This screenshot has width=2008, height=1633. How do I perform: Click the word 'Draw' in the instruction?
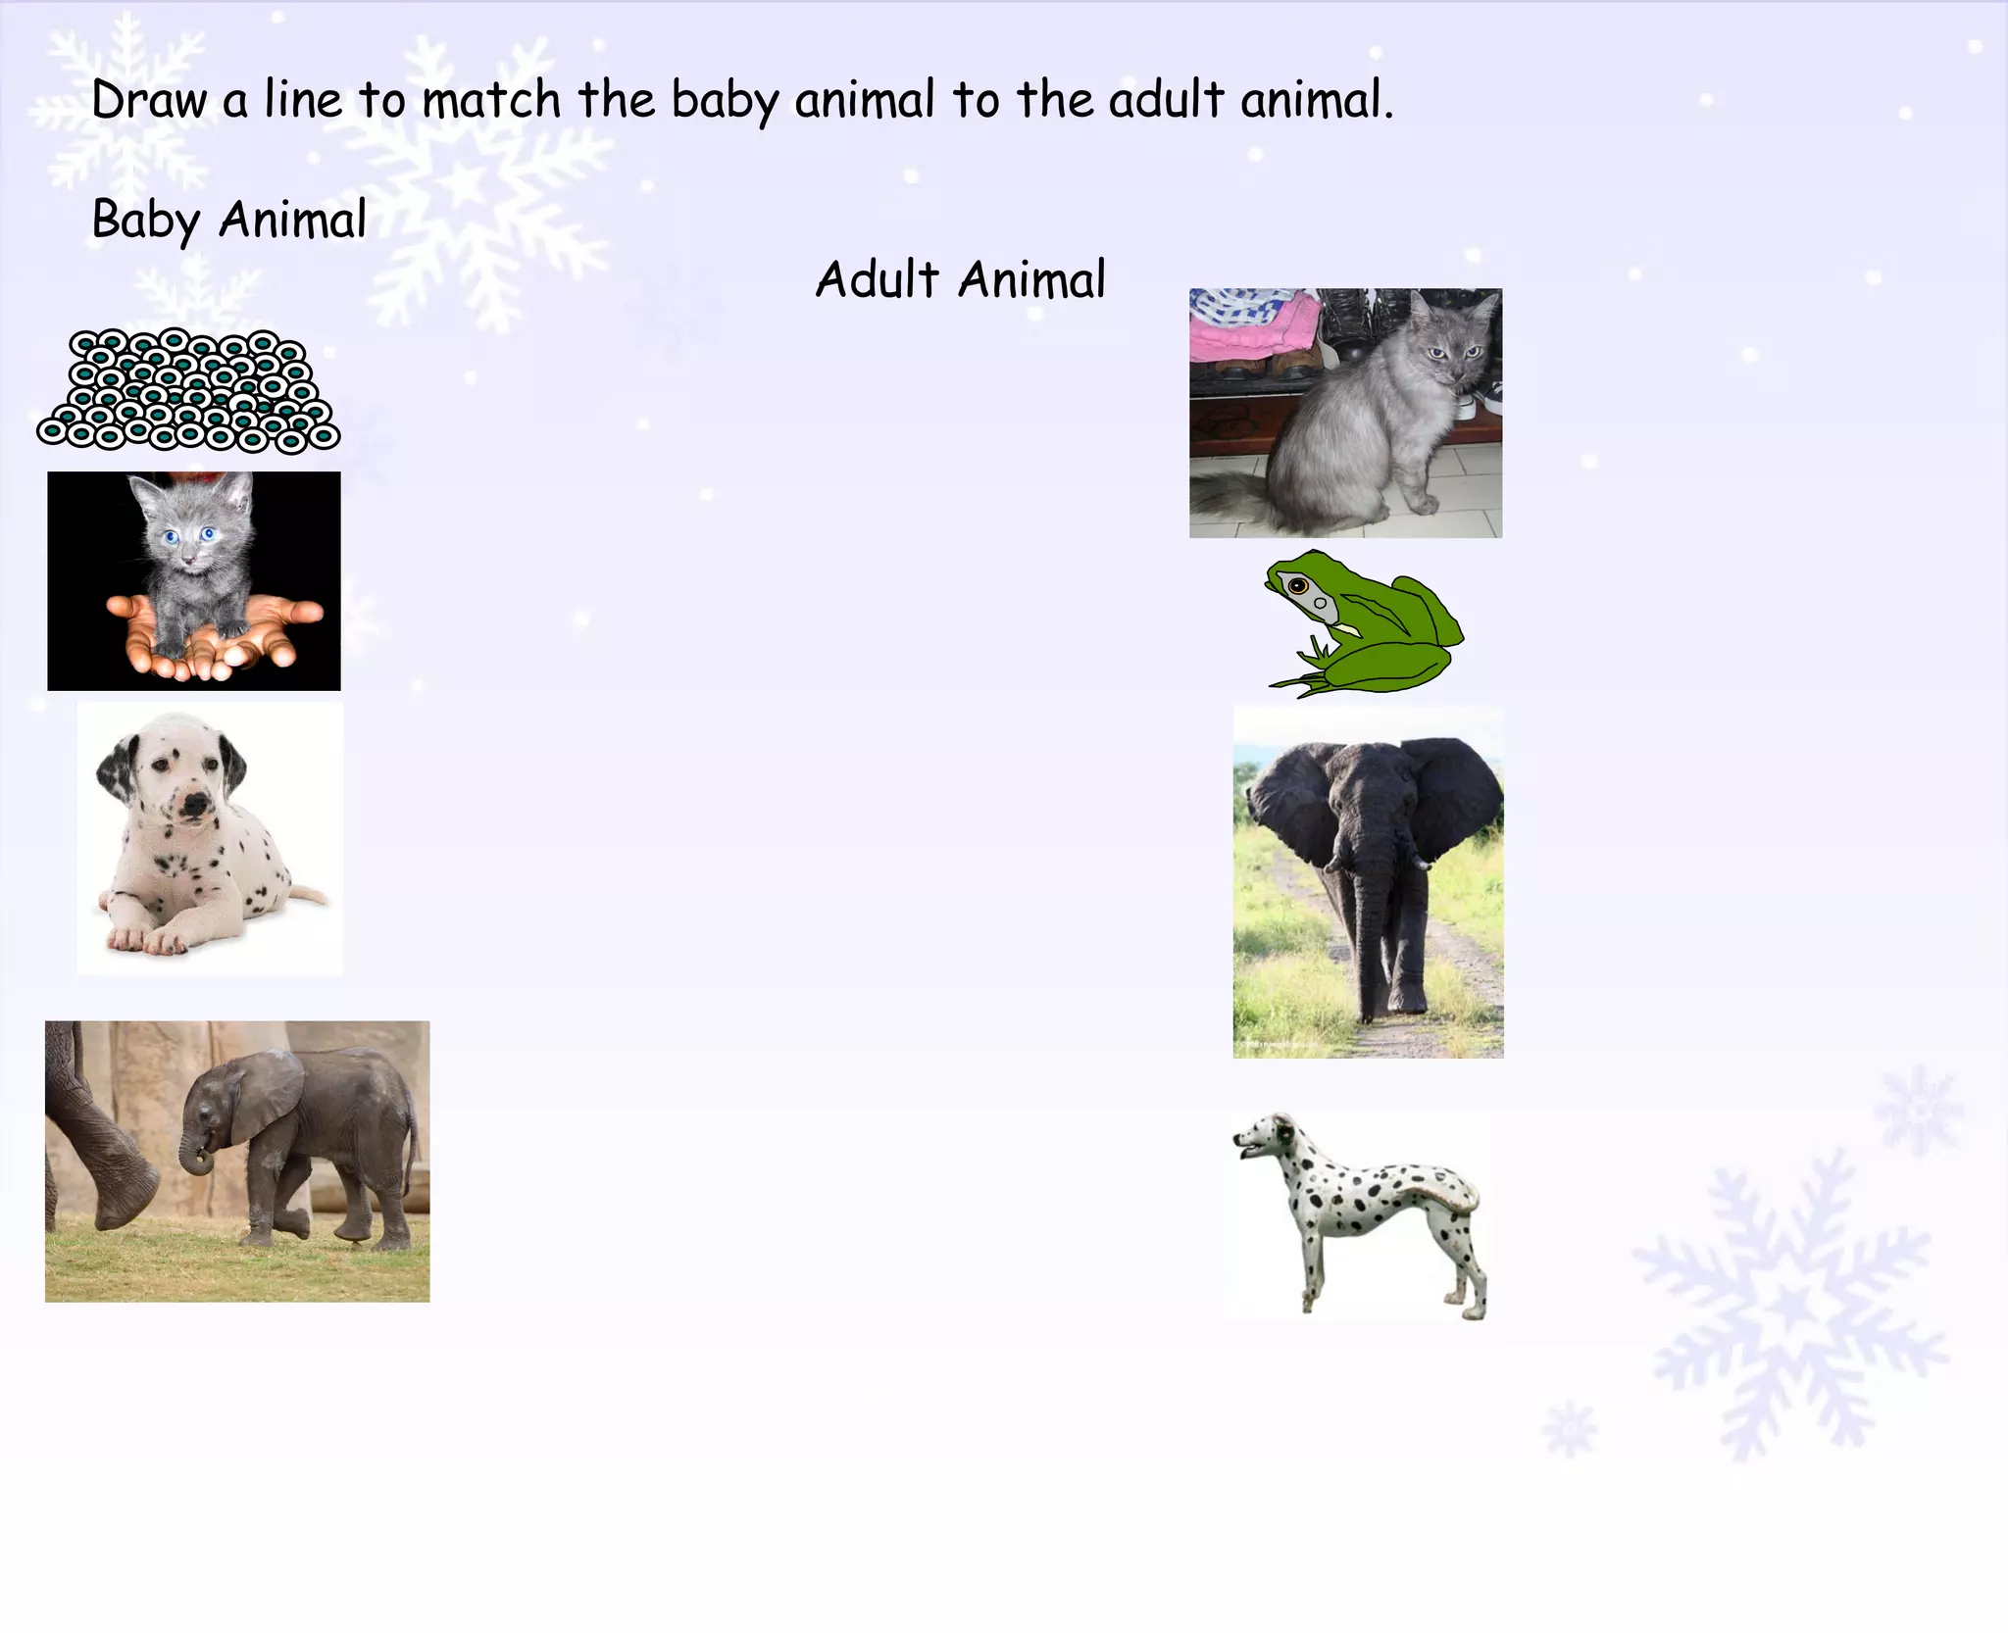149,100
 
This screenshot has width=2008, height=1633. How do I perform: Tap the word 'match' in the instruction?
491,100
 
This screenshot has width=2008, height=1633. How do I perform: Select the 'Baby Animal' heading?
228,219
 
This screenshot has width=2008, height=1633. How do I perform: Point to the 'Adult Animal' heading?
961,279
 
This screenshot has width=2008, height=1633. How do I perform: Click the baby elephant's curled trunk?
196,1157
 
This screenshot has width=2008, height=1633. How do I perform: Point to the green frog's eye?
1299,587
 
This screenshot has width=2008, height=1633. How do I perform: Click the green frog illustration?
1373,627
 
